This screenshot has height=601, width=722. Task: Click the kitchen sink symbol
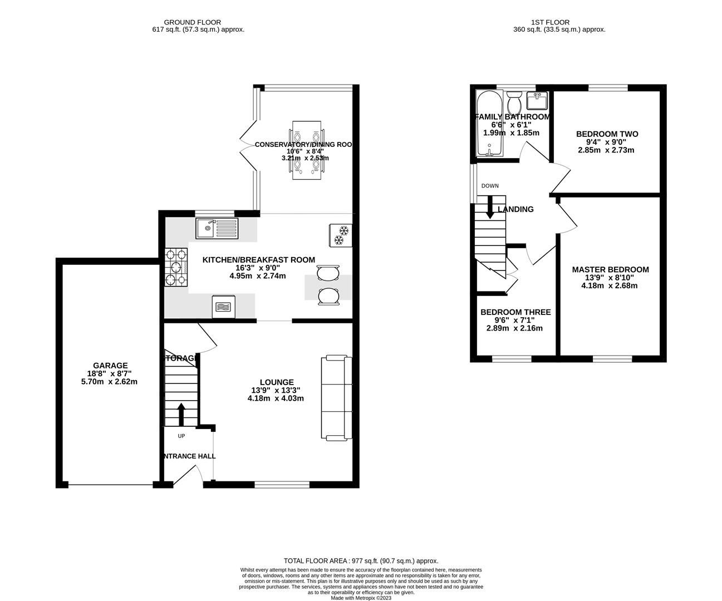click(x=217, y=228)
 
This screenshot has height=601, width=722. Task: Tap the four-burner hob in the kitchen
click(x=176, y=267)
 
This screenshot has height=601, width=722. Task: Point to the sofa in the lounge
click(x=336, y=398)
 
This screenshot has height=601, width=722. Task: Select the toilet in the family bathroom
click(x=514, y=102)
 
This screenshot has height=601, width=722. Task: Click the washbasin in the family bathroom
click(x=537, y=101)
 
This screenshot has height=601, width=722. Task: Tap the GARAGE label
click(x=110, y=366)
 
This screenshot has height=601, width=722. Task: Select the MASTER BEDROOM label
click(x=610, y=270)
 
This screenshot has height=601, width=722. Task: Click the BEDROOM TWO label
click(x=607, y=134)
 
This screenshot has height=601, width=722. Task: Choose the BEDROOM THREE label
click(x=515, y=312)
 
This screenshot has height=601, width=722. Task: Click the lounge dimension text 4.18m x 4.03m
click(x=276, y=398)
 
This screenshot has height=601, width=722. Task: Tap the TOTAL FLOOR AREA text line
click(x=361, y=561)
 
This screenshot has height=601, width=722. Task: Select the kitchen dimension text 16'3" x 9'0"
click(x=258, y=268)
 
